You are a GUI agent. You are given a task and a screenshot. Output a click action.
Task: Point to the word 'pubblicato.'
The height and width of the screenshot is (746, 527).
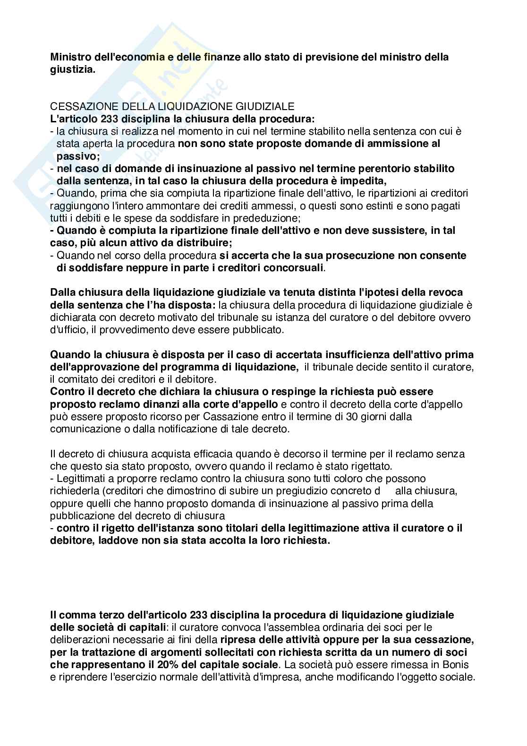click(258, 330)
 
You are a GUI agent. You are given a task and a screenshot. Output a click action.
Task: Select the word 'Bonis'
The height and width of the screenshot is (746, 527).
click(456, 664)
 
